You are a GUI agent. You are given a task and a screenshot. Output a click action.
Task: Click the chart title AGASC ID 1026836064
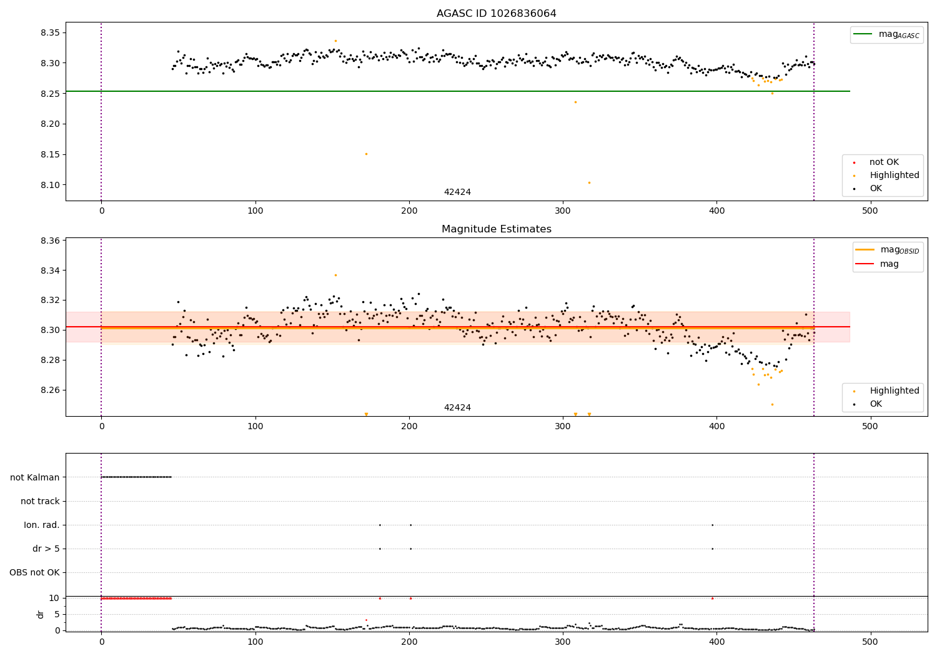pyautogui.click(x=496, y=14)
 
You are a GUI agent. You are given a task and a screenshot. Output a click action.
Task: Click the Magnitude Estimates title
pyautogui.click(x=496, y=229)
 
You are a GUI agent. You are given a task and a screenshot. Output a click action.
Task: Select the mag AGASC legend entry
pyautogui.click(x=886, y=34)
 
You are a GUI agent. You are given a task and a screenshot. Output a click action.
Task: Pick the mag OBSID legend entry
pyautogui.click(x=887, y=250)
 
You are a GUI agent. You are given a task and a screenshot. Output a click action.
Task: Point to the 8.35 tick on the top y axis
pyautogui.click(x=49, y=32)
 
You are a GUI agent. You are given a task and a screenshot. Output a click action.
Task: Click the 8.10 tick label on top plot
pyautogui.click(x=49, y=185)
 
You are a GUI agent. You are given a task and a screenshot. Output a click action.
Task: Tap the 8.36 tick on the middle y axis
pyautogui.click(x=49, y=241)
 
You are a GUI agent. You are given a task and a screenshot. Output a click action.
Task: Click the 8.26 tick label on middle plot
pyautogui.click(x=49, y=390)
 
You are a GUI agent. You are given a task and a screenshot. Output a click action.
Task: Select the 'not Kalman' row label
pyautogui.click(x=35, y=477)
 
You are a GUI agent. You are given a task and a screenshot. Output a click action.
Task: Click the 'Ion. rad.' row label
pyautogui.click(x=42, y=525)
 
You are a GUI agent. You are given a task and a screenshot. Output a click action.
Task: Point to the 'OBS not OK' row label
pyautogui.click(x=35, y=572)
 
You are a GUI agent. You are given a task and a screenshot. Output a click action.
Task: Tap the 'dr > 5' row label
pyautogui.click(x=46, y=549)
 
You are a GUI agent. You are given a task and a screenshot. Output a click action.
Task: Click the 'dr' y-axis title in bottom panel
pyautogui.click(x=41, y=614)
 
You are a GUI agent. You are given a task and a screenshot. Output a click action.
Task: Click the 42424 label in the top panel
pyautogui.click(x=457, y=192)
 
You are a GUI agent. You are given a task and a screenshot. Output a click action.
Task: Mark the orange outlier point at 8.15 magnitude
pyautogui.click(x=366, y=154)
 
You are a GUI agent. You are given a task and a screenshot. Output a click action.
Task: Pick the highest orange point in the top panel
pyautogui.click(x=335, y=41)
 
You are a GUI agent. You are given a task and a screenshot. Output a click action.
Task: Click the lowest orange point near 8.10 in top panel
pyautogui.click(x=589, y=182)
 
